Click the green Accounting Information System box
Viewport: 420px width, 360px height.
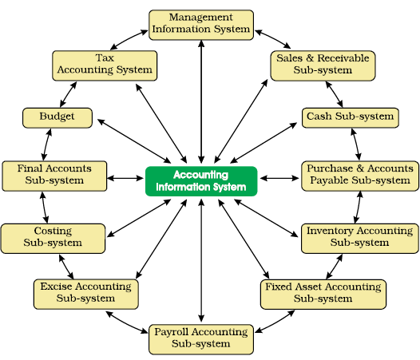pos(201,181)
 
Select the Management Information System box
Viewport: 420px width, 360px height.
pos(201,26)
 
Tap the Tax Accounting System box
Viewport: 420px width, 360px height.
pos(105,66)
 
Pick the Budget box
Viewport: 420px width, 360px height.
pos(57,118)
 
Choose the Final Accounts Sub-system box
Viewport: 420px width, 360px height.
pos(54,176)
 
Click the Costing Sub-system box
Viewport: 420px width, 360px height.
pos(53,239)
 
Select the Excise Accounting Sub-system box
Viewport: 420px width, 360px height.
pos(86,295)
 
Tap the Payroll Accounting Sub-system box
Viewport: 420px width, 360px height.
pos(201,339)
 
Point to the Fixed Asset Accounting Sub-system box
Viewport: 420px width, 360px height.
pos(323,295)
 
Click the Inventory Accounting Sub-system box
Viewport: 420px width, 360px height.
pos(360,239)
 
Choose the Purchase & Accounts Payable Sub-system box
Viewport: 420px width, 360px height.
pos(360,176)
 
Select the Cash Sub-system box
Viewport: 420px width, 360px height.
pos(351,118)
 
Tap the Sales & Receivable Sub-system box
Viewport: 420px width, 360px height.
pos(323,66)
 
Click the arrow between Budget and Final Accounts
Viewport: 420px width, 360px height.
pos(46,144)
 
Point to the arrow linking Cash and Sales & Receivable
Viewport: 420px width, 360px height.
pos(334,94)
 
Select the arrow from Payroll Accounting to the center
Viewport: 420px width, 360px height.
pos(201,260)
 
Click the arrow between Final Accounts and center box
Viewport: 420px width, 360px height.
pos(125,178)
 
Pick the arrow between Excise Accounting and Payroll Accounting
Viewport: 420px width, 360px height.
pos(126,322)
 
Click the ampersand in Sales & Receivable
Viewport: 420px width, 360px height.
pos(310,58)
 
